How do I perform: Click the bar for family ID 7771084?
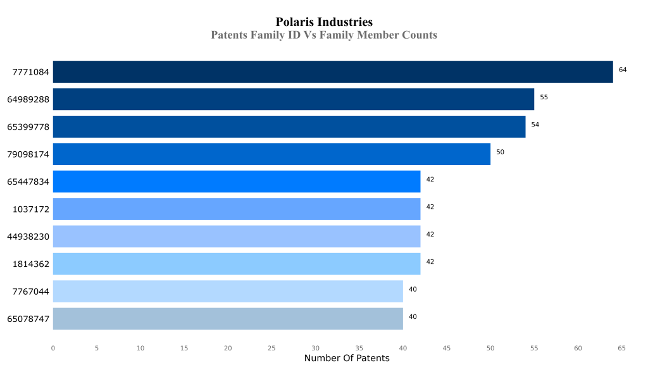[332, 71]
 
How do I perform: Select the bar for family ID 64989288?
[293, 99]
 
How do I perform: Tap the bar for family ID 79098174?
[271, 154]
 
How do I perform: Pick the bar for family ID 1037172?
[236, 209]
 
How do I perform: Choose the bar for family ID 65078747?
[227, 319]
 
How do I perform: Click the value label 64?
[623, 70]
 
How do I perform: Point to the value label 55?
[544, 97]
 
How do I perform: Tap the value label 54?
[535, 125]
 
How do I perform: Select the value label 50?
[500, 152]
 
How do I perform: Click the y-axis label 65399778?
[28, 127]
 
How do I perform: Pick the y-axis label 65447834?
[28, 182]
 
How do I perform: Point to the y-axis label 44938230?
[28, 237]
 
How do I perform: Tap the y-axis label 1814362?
[30, 264]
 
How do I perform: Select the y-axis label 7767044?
[30, 292]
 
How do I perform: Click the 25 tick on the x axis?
[271, 348]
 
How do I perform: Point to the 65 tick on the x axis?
[621, 348]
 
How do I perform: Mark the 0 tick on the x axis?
[53, 348]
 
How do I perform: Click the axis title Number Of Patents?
[347, 359]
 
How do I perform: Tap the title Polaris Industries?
[324, 22]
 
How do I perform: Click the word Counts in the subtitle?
[420, 35]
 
